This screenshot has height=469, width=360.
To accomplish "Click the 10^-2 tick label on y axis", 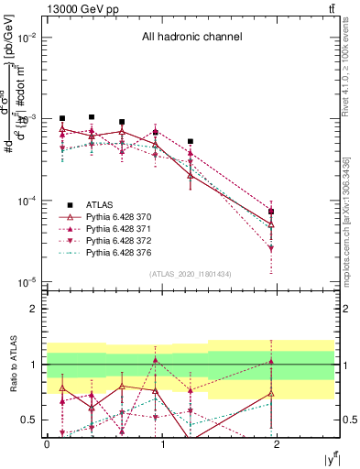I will point(27,38).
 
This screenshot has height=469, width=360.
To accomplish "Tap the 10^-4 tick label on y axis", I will point(27,201).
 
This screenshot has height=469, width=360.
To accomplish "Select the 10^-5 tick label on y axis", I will point(27,282).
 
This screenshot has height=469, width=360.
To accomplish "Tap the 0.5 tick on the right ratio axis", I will point(347,420).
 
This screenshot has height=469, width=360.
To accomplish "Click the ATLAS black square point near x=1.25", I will point(190,142).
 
